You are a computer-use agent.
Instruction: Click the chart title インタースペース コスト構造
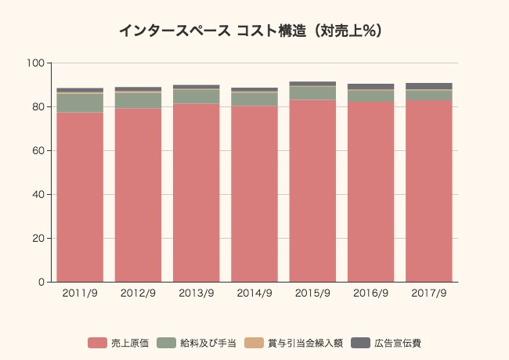click(x=250, y=31)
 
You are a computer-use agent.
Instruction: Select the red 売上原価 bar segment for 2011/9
click(x=80, y=196)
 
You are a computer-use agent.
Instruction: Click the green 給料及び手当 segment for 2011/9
click(x=80, y=103)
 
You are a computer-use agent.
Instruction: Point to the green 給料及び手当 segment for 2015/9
click(x=312, y=93)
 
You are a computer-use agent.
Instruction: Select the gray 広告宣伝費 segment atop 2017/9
click(x=428, y=86)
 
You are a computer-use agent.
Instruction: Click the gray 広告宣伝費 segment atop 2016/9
click(x=370, y=87)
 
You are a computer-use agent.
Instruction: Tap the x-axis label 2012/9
click(x=138, y=293)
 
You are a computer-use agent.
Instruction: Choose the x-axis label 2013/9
click(x=196, y=293)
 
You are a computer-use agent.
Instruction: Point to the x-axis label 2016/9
click(x=370, y=293)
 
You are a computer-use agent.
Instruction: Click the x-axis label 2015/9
click(x=312, y=293)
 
